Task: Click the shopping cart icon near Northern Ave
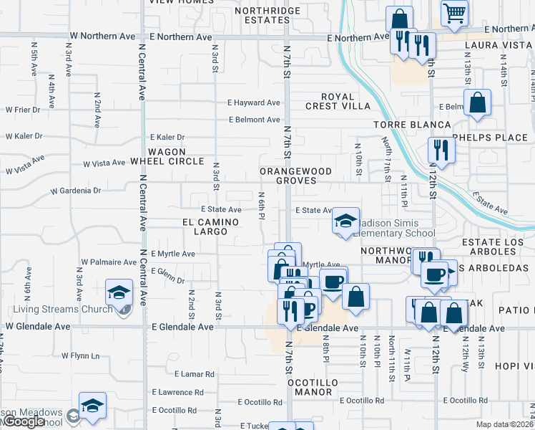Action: (454, 12)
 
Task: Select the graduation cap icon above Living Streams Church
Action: (119, 292)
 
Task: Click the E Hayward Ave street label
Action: (254, 102)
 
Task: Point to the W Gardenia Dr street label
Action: (75, 191)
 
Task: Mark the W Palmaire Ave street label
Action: (109, 262)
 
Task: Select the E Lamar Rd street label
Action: (195, 374)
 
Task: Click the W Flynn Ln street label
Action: (80, 355)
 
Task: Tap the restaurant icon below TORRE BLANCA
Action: (441, 150)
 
